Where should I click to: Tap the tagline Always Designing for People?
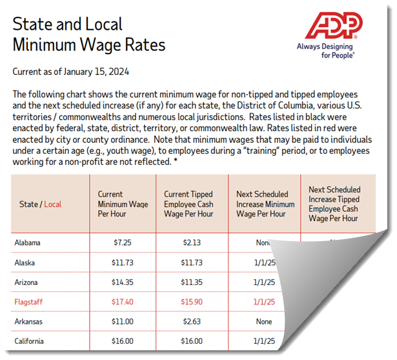click(x=325, y=51)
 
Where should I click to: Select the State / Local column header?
click(x=40, y=204)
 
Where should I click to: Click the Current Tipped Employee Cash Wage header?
click(x=188, y=204)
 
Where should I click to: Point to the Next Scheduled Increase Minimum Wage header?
click(x=265, y=204)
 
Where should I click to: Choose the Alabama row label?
click(x=28, y=243)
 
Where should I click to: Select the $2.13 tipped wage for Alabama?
click(x=188, y=243)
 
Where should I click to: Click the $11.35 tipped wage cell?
click(x=188, y=282)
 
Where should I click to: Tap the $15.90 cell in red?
click(x=188, y=302)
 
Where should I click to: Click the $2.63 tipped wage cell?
click(x=188, y=322)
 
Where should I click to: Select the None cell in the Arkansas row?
click(x=265, y=322)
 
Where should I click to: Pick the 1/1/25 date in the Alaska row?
click(x=265, y=263)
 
